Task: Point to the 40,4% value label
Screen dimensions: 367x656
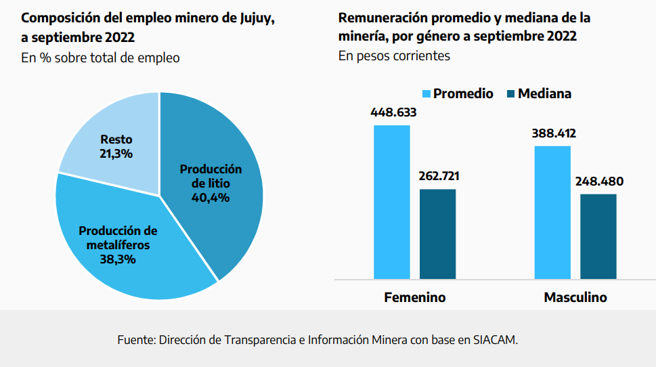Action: [x=211, y=198]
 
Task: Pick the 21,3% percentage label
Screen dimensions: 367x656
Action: [x=116, y=153]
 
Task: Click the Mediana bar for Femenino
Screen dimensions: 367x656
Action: [x=437, y=234]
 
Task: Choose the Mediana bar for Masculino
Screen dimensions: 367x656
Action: [x=598, y=236]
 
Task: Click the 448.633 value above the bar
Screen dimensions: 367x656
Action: [x=393, y=112]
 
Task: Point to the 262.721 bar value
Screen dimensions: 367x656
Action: [x=437, y=176]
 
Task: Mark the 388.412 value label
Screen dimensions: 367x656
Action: [x=553, y=133]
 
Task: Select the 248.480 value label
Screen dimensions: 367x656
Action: [x=599, y=181]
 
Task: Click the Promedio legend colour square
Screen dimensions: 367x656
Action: [x=427, y=93]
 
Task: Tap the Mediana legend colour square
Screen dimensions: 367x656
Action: [x=510, y=93]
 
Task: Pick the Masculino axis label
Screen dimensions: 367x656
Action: [x=575, y=297]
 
